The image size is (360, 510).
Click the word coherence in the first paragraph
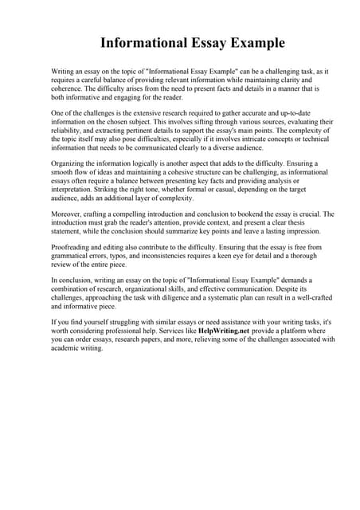click(x=67, y=88)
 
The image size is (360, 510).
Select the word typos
click(x=120, y=256)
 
